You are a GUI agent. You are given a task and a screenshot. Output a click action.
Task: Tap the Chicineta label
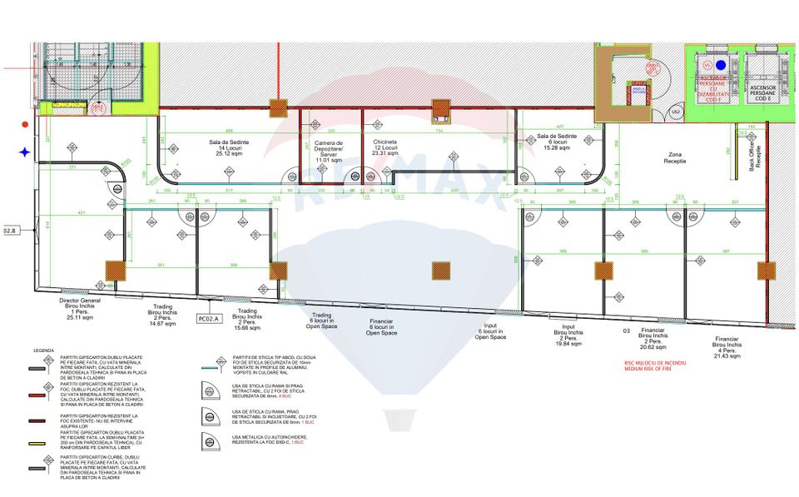click(x=385, y=147)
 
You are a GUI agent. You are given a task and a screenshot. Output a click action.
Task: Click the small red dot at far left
click(x=26, y=125)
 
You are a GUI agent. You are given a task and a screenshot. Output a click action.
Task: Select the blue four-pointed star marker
click(x=26, y=152)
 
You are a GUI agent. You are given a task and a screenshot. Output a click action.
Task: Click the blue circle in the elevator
click(x=721, y=64)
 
